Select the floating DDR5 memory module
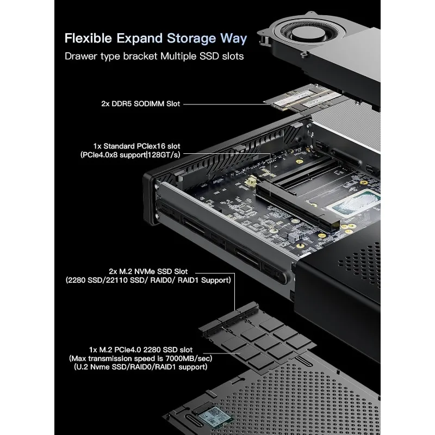pyautogui.click(x=307, y=101)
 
